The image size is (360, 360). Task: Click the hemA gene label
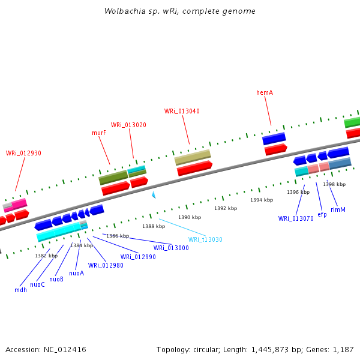(x=265, y=92)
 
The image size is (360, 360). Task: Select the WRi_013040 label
(x=182, y=111)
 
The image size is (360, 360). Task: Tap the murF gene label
(x=99, y=133)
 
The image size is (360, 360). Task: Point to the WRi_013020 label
(x=128, y=125)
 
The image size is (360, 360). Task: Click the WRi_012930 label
(x=23, y=153)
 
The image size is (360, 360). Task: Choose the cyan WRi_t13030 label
(x=205, y=239)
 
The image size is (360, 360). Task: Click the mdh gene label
(x=20, y=290)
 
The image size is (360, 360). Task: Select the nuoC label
(x=37, y=284)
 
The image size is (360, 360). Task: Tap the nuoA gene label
(x=76, y=273)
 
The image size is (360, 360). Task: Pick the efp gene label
(x=322, y=214)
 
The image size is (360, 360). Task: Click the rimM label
(x=338, y=209)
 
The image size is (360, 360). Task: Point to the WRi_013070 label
(x=296, y=218)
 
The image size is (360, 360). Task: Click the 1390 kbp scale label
(x=190, y=217)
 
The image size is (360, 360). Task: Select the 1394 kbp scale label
(x=262, y=200)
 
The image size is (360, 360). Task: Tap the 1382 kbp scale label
(x=46, y=256)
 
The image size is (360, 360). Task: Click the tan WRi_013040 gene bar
(x=193, y=158)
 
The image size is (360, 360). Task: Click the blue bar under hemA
(x=274, y=139)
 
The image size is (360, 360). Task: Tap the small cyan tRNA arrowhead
(x=154, y=195)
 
